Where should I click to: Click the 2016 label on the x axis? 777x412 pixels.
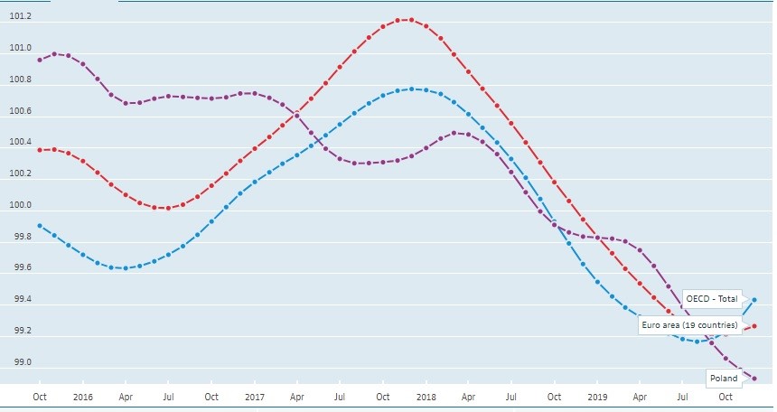[82, 397]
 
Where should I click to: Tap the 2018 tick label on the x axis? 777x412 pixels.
[425, 397]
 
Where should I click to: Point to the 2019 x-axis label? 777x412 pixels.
[596, 397]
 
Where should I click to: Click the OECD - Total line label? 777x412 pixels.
[712, 298]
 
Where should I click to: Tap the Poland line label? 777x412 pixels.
[723, 378]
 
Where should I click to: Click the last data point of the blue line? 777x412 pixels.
[754, 300]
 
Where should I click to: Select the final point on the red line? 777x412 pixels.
[754, 326]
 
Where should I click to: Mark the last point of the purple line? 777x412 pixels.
[754, 379]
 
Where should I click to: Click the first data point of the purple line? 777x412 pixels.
[40, 60]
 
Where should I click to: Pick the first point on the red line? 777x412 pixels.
[40, 150]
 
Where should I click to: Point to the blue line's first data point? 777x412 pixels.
[40, 226]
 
